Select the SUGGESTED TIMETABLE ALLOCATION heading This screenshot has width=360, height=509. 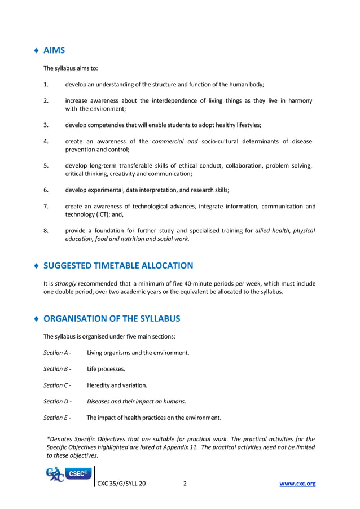(x=118, y=266)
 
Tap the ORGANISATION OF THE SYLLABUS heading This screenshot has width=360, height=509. (x=112, y=319)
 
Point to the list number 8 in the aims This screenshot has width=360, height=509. (x=46, y=230)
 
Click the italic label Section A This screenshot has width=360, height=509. (x=57, y=353)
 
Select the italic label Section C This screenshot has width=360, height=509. (x=57, y=385)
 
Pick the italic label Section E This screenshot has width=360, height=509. (x=57, y=418)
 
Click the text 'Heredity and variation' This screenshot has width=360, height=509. (x=117, y=385)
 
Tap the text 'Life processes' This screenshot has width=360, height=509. (x=106, y=369)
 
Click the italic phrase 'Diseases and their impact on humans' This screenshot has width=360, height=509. (x=136, y=402)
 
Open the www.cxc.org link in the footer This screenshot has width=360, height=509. (x=298, y=484)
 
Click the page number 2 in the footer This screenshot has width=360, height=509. (x=185, y=484)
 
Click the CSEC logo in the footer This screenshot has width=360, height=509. (x=69, y=475)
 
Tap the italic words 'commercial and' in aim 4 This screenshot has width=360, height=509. (x=173, y=142)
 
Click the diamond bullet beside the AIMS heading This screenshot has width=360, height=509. (x=37, y=51)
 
